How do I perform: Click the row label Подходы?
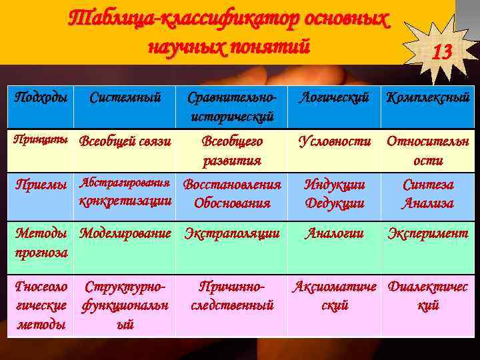point(41,98)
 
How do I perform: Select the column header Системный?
point(125,98)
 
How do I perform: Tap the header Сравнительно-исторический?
point(231,107)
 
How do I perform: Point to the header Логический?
point(334,98)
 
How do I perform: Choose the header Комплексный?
point(428,98)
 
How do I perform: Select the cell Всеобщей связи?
point(125,141)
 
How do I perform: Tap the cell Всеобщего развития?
point(231,151)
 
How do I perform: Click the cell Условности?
point(334,141)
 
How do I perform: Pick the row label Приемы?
point(41,184)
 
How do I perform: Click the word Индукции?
point(334,184)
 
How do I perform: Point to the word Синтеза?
point(428,184)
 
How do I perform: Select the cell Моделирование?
point(125,233)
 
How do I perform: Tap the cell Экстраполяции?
point(231,233)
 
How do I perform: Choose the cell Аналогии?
point(334,233)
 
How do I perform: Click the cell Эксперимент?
point(428,233)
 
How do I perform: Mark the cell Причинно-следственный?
point(231,296)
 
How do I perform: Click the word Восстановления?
point(231,184)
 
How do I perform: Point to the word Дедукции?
point(334,203)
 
